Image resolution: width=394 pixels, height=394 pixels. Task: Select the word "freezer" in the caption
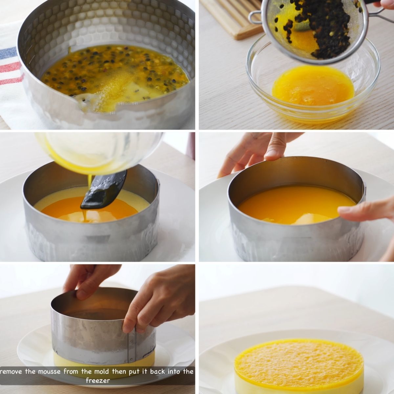click(x=98, y=381)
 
